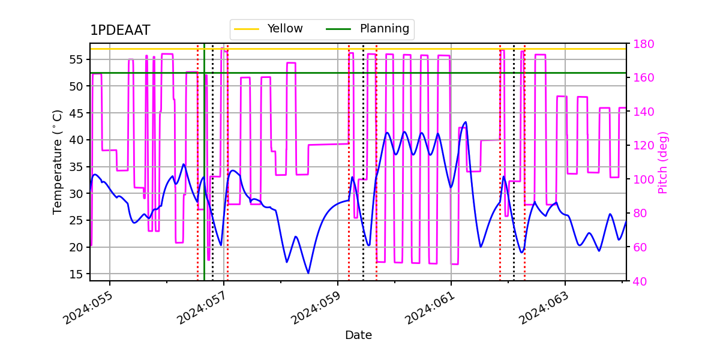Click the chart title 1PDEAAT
coord(120,31)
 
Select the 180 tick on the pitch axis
coord(640,44)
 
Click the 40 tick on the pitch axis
coord(638,281)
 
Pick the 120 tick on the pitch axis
coord(640,145)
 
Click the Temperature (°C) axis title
coord(58,161)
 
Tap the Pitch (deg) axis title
coord(662,162)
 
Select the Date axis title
coord(358,335)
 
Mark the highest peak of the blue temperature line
coord(466,122)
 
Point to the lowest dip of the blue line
coord(308,273)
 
